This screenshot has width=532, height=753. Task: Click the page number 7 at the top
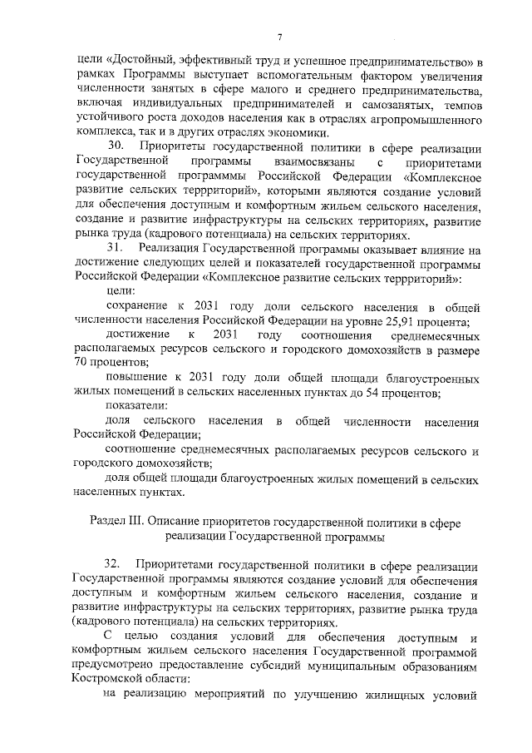click(279, 36)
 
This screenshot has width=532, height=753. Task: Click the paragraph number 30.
click(119, 147)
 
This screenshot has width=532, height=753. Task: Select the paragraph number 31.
click(118, 248)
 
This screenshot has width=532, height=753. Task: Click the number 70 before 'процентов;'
click(81, 363)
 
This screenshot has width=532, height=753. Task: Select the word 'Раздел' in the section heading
click(106, 523)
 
